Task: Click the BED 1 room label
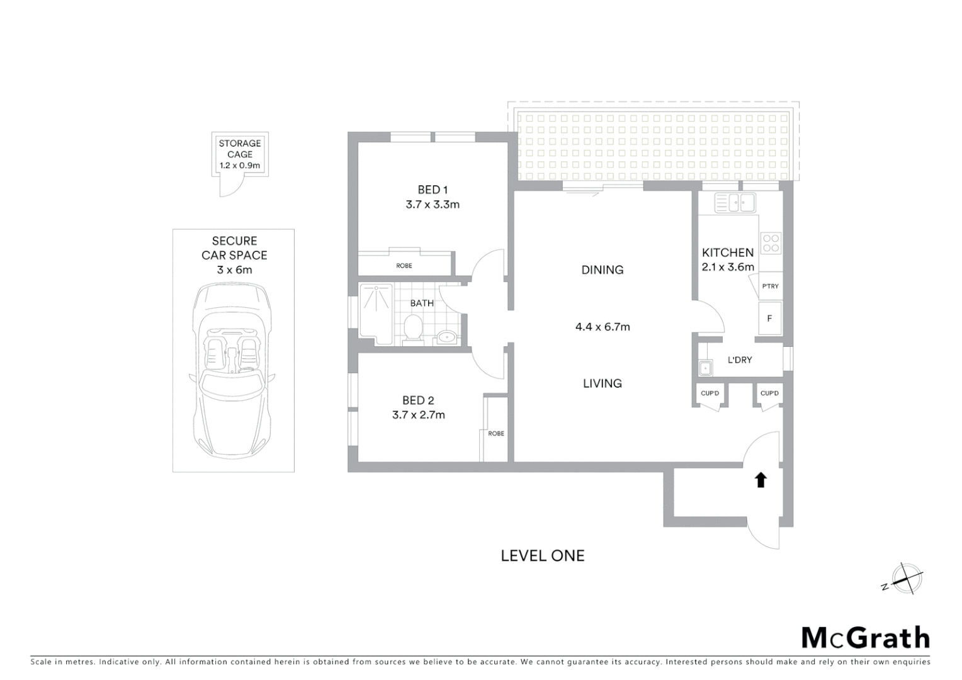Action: (x=433, y=190)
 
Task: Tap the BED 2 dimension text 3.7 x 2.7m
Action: (x=418, y=415)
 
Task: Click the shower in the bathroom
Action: (x=376, y=314)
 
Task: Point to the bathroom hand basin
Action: (x=447, y=337)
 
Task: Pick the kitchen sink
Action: (x=734, y=203)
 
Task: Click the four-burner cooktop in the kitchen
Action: (x=771, y=243)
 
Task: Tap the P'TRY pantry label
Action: (x=770, y=286)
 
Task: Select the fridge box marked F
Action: (x=769, y=319)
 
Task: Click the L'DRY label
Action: (x=740, y=360)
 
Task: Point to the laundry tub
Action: (x=705, y=368)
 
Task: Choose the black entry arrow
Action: (x=761, y=480)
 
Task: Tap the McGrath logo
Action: (x=866, y=638)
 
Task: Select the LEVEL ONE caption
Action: (x=543, y=556)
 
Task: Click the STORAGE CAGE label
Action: (x=240, y=149)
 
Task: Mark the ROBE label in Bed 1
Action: (x=404, y=266)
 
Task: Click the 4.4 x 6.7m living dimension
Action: (x=603, y=327)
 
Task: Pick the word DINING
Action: (x=603, y=270)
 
